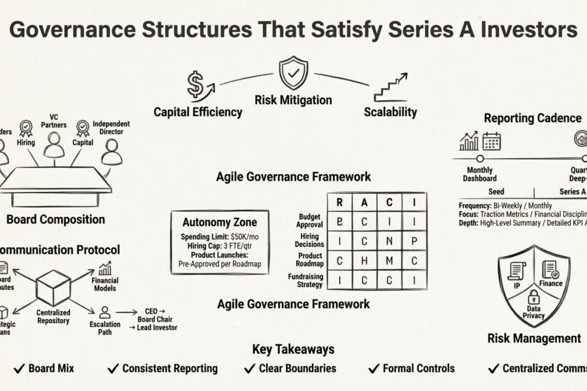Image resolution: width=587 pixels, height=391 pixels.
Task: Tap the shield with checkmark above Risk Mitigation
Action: pyautogui.click(x=293, y=73)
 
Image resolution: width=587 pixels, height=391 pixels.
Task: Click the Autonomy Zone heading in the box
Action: pyautogui.click(x=220, y=222)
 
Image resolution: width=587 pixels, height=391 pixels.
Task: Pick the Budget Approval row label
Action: pyautogui.click(x=310, y=221)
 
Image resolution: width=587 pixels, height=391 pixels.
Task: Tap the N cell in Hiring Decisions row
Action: pyautogui.click(x=389, y=241)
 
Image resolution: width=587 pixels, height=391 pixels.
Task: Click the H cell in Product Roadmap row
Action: pyautogui.click(x=364, y=261)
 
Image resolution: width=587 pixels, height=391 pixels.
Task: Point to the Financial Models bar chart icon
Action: pyautogui.click(x=105, y=268)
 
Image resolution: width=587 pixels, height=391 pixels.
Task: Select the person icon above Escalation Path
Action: pyautogui.click(x=105, y=312)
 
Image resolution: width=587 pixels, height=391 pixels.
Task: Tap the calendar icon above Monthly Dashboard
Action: pyautogui.click(x=491, y=141)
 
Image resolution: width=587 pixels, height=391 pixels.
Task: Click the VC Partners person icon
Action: pyautogui.click(x=54, y=145)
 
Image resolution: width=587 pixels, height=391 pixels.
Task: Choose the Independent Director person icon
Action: pyautogui.click(x=112, y=152)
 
